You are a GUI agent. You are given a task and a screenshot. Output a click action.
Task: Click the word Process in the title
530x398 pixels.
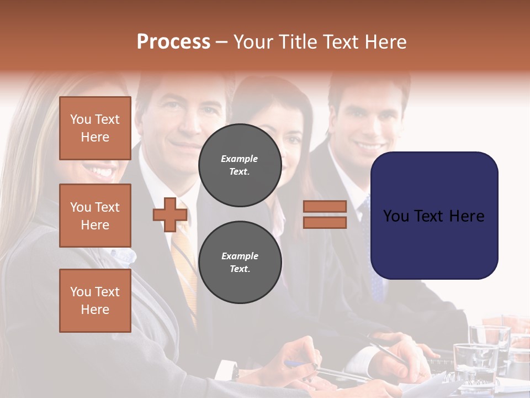173,41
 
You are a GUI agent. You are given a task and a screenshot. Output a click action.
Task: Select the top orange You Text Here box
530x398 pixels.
95,128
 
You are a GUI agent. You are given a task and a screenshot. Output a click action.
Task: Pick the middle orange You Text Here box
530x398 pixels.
95,216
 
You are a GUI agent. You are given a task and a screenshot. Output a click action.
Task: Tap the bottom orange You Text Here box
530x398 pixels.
95,301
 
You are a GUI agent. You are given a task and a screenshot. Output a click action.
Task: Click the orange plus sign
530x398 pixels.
170,214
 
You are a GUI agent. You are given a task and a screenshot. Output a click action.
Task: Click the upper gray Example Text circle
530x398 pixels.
240,165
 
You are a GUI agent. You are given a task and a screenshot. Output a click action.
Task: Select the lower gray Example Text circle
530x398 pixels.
240,262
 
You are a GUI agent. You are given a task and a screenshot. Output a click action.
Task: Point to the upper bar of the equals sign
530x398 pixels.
325,206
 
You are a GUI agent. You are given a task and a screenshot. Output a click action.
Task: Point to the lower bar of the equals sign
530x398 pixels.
325,222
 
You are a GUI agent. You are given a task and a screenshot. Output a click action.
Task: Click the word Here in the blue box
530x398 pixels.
467,216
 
